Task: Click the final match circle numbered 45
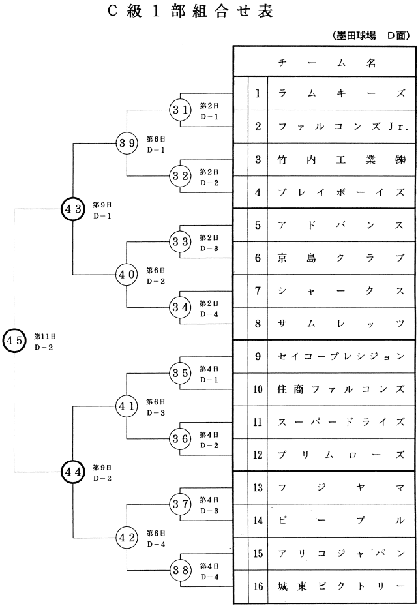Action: [x=14, y=340]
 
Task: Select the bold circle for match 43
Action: [x=72, y=209]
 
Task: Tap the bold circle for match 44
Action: [x=72, y=471]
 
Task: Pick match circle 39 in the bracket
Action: [x=127, y=143]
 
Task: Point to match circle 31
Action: [x=180, y=110]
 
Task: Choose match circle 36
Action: [x=180, y=438]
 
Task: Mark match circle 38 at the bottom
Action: [x=180, y=569]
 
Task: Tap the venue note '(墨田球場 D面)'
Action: [x=372, y=35]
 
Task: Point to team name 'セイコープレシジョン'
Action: [x=342, y=356]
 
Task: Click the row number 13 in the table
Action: [x=258, y=487]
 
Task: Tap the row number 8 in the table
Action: [x=258, y=324]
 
